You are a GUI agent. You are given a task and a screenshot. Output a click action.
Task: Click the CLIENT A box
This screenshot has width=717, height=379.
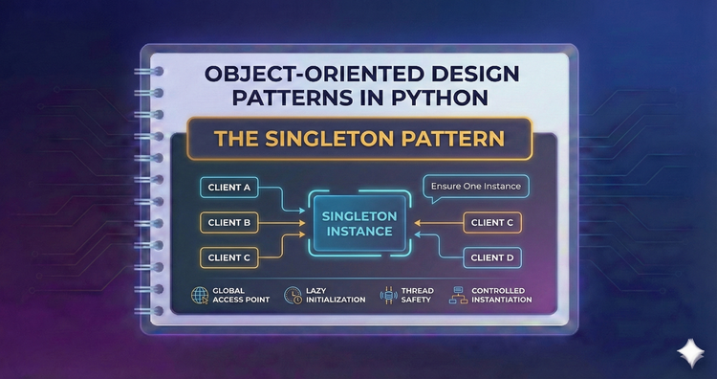pyautogui.click(x=229, y=187)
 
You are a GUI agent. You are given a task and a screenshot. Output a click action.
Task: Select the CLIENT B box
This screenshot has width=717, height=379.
pyautogui.click(x=229, y=222)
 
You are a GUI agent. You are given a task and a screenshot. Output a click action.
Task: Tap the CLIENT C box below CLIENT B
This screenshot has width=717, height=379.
pyautogui.click(x=229, y=257)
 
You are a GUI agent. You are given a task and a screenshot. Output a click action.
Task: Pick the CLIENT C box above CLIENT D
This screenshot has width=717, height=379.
pyautogui.click(x=492, y=222)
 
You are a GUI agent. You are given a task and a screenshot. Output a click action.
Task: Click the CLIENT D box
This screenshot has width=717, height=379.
pyautogui.click(x=492, y=257)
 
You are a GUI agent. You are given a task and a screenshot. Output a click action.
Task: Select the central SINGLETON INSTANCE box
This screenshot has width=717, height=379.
pyautogui.click(x=358, y=222)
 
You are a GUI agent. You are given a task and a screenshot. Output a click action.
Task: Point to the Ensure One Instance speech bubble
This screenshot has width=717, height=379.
pyautogui.click(x=478, y=186)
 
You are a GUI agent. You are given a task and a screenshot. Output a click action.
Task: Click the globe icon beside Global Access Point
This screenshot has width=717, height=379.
pyautogui.click(x=201, y=294)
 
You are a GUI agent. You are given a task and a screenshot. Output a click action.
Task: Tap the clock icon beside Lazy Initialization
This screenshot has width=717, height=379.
pyautogui.click(x=293, y=294)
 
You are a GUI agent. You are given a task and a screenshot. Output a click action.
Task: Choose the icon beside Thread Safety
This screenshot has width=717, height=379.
pyautogui.click(x=387, y=294)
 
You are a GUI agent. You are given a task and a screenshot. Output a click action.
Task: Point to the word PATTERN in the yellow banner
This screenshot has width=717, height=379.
pyautogui.click(x=447, y=139)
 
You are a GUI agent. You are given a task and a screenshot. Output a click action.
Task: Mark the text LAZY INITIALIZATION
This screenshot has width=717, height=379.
pyautogui.click(x=335, y=294)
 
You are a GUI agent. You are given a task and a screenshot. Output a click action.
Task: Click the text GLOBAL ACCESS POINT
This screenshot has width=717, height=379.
pyautogui.click(x=242, y=294)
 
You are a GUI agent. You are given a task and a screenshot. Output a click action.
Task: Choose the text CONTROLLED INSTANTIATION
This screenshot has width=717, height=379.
pyautogui.click(x=501, y=294)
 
